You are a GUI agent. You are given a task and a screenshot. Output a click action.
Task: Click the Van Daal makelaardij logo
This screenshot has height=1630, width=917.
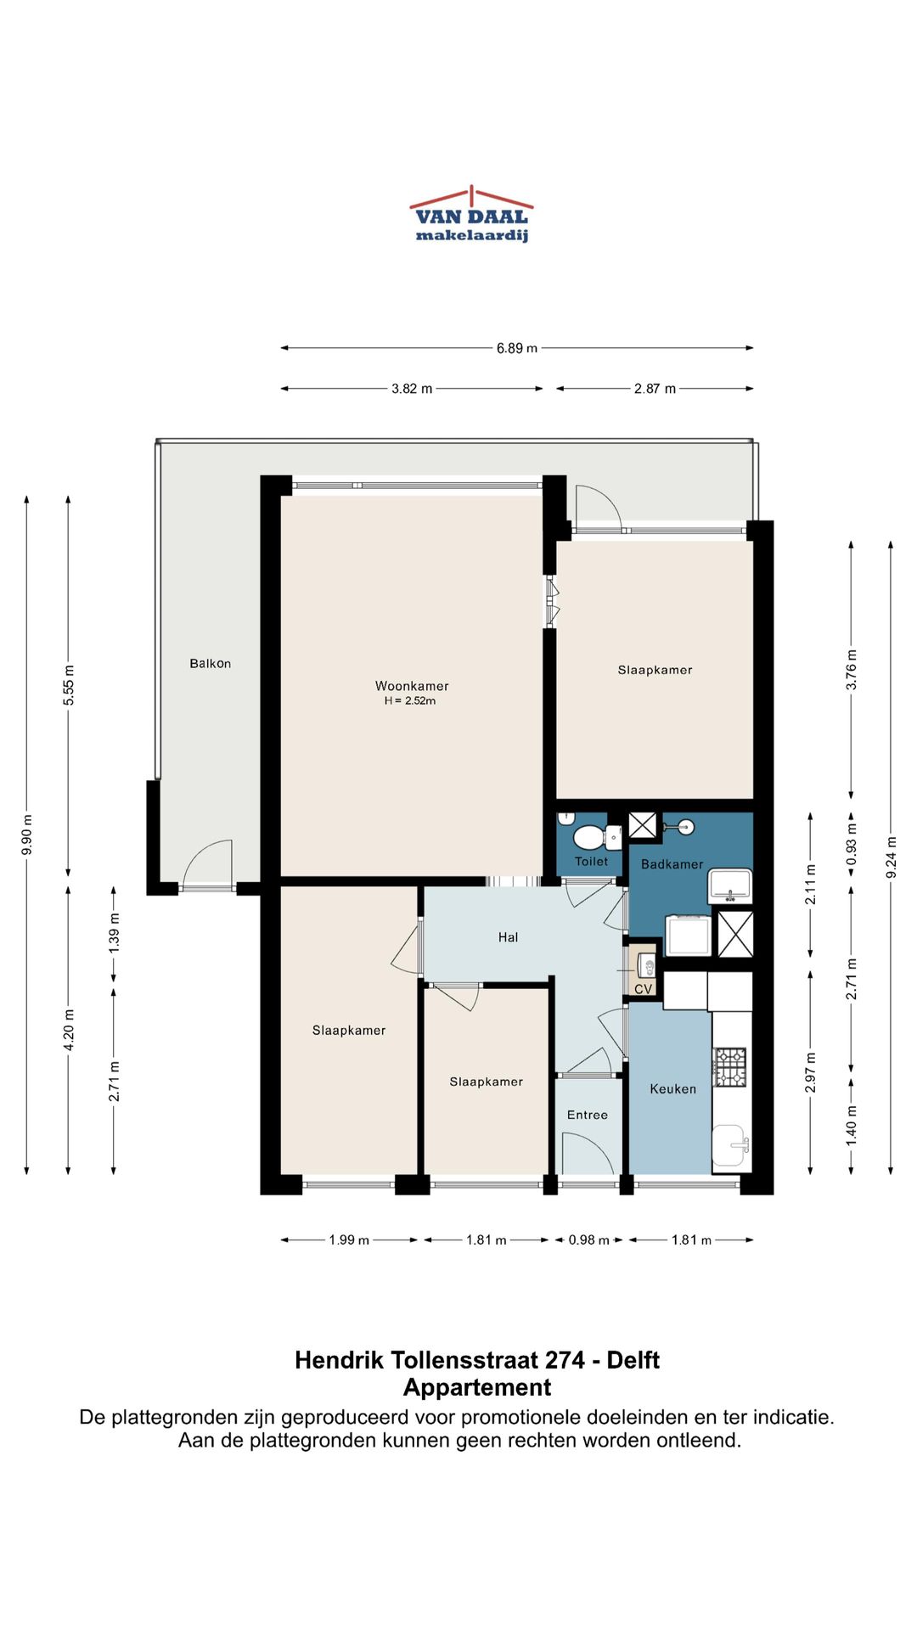pyautogui.click(x=471, y=215)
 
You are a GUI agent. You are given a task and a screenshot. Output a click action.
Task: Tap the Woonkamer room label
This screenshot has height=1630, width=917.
pyautogui.click(x=412, y=686)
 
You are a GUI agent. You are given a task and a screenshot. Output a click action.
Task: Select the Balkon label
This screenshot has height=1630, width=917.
pyautogui.click(x=210, y=664)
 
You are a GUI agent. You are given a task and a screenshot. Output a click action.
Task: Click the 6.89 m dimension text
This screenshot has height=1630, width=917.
pyautogui.click(x=517, y=348)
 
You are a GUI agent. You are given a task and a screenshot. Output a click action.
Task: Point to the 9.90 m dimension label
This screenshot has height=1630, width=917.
pyautogui.click(x=27, y=835)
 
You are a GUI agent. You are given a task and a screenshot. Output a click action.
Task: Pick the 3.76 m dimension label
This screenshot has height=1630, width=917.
pyautogui.click(x=852, y=670)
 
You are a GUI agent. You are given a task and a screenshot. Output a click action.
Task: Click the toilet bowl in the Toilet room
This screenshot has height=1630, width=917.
pyautogui.click(x=588, y=838)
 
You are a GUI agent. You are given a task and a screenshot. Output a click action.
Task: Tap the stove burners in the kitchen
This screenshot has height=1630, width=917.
pyautogui.click(x=730, y=1067)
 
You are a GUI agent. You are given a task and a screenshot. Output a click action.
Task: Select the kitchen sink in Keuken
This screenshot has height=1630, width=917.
pyautogui.click(x=730, y=1145)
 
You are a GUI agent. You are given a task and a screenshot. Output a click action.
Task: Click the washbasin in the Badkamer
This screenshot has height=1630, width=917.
pyautogui.click(x=730, y=885)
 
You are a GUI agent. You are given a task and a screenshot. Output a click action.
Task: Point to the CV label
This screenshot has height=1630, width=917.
pyautogui.click(x=644, y=989)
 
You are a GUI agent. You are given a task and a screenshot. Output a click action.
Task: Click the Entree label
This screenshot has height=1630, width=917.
pyautogui.click(x=588, y=1116)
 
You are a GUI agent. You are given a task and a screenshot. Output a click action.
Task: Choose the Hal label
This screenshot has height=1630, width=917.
pyautogui.click(x=508, y=937)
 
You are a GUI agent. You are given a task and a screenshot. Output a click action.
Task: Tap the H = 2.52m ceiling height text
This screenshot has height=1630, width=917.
pyautogui.click(x=410, y=701)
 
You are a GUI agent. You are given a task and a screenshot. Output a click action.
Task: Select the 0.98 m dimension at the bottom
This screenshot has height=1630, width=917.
pyautogui.click(x=589, y=1240)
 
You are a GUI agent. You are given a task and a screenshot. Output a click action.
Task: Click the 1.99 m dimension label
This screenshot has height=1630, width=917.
pyautogui.click(x=349, y=1240)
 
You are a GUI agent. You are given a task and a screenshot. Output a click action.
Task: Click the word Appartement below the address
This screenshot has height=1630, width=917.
pyautogui.click(x=477, y=1387)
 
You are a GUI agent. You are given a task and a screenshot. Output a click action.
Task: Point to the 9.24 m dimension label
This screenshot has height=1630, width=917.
pyautogui.click(x=891, y=857)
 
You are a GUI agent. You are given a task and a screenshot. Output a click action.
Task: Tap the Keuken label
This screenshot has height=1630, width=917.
pyautogui.click(x=672, y=1089)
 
